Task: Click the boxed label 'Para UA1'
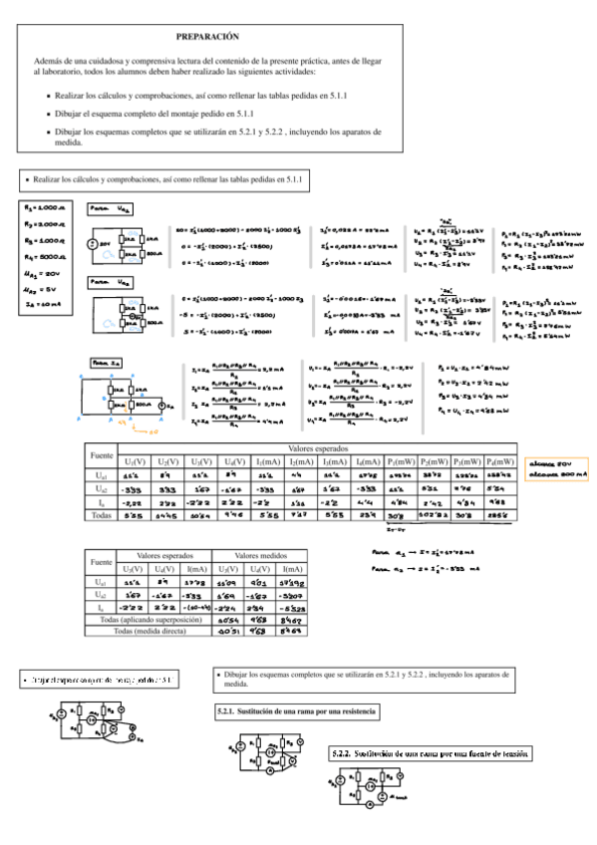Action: click(107, 210)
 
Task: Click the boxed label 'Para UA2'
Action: click(107, 283)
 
